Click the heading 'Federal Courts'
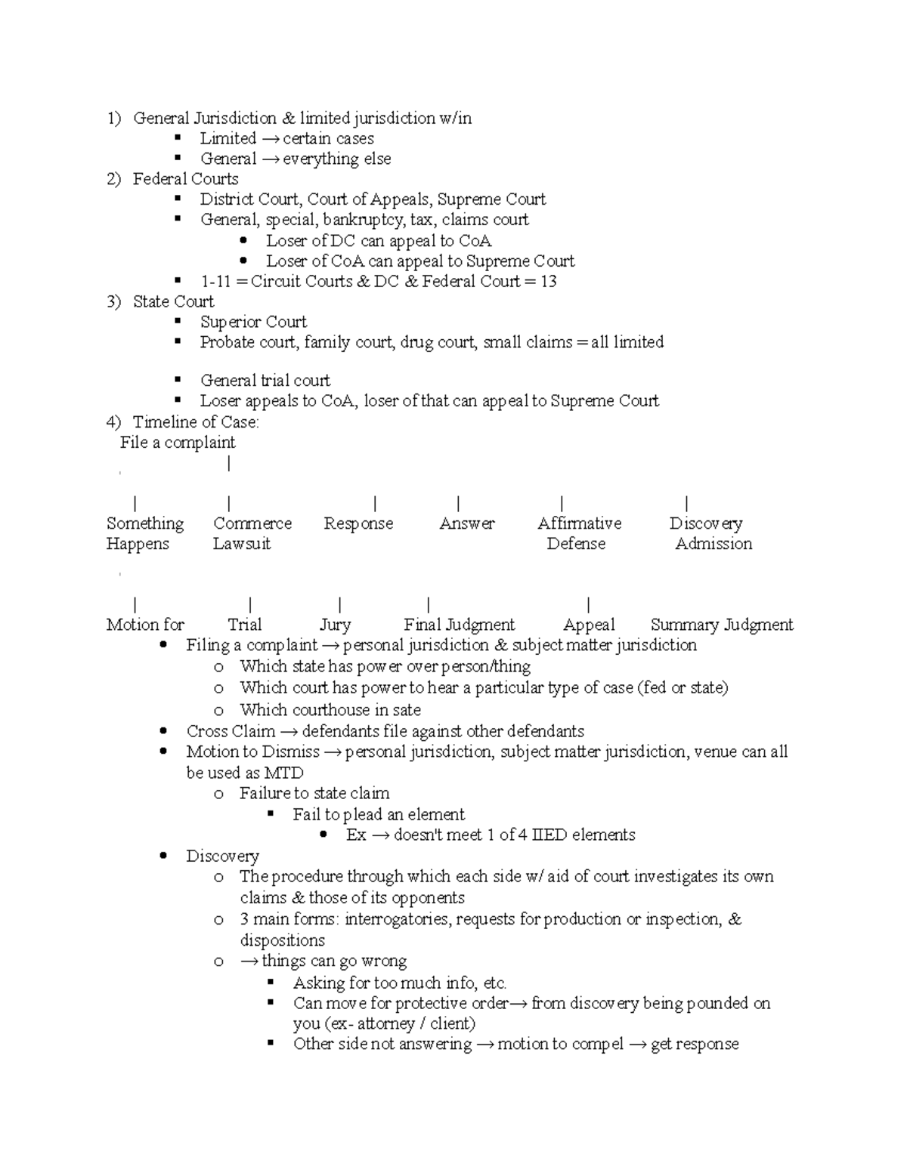coord(185,179)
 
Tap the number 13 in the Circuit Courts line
coord(549,282)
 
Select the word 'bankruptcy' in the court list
coord(364,220)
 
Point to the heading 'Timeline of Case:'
coord(196,422)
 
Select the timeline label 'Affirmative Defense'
coord(579,533)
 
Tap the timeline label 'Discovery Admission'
coord(710,533)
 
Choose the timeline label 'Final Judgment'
coord(459,625)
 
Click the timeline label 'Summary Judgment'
coord(721,625)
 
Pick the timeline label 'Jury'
coord(335,625)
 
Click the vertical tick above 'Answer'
coord(459,504)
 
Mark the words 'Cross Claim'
coord(231,731)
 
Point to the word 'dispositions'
coord(282,940)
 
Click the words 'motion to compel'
coord(560,1044)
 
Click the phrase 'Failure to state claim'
coord(314,793)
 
